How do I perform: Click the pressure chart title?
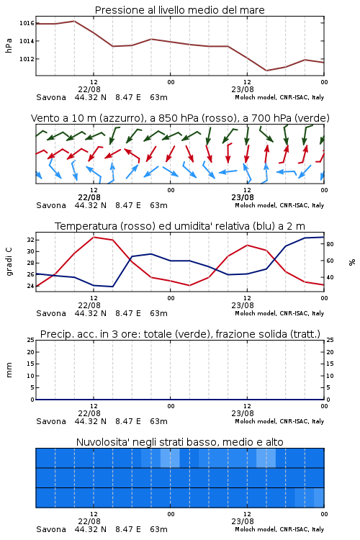[x=180, y=10]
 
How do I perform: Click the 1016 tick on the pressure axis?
[x=27, y=23]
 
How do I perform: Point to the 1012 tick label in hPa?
[x=27, y=59]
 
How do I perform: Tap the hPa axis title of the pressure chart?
[x=9, y=45]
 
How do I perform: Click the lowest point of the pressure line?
[x=266, y=71]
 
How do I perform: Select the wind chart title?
[x=180, y=118]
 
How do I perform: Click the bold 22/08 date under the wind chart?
[x=89, y=197]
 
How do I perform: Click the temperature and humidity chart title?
[x=180, y=226]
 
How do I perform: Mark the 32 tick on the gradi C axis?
[x=30, y=240]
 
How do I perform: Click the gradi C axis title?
[x=9, y=261]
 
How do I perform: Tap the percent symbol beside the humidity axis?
[x=352, y=262]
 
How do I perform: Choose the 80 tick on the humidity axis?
[x=330, y=244]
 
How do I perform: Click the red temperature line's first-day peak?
[x=94, y=237]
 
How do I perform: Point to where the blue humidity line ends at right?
[x=324, y=237]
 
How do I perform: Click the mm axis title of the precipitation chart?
[x=9, y=370]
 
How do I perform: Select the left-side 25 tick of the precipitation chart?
[x=30, y=340]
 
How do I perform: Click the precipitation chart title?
[x=180, y=334]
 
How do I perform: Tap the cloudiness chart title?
[x=180, y=442]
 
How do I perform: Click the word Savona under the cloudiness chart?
[x=51, y=529]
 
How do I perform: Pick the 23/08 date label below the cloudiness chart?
[x=243, y=521]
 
